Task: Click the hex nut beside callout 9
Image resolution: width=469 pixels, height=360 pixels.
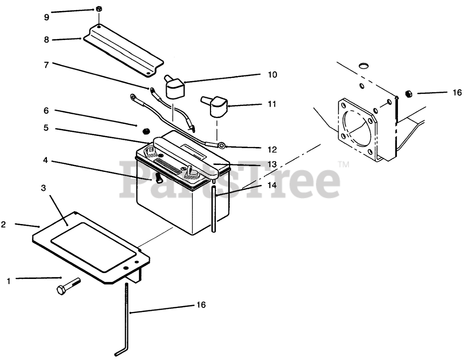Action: point(99,9)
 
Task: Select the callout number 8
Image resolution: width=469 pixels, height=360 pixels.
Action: point(46,40)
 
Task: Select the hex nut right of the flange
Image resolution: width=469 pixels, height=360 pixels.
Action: point(409,94)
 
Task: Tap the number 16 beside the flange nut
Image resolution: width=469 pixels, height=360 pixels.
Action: point(457,93)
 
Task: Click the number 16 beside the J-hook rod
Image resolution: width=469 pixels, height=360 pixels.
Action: point(201,305)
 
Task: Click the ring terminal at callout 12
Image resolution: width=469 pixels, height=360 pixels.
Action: point(221,146)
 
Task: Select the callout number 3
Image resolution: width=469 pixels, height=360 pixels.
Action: point(44,188)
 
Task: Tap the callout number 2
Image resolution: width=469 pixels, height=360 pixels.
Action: point(3,225)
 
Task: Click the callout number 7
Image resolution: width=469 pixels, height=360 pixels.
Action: point(46,65)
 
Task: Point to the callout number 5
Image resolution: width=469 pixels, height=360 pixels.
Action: point(46,128)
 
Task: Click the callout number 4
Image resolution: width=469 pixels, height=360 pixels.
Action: point(45,160)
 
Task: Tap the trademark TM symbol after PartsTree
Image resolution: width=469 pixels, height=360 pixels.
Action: point(343,164)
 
